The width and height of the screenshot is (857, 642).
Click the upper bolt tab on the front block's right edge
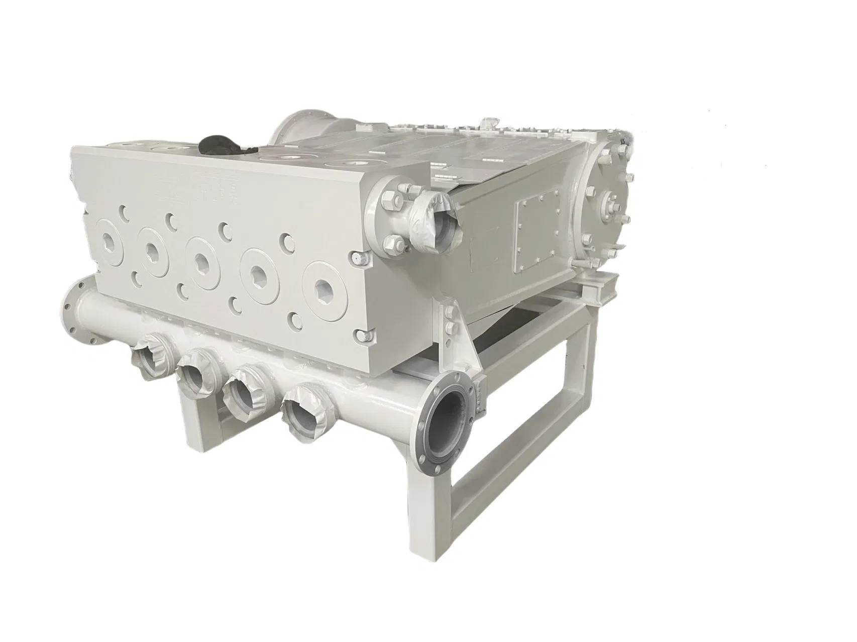pyautogui.click(x=357, y=258)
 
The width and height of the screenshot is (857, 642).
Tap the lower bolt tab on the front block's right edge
pyautogui.click(x=360, y=335)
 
